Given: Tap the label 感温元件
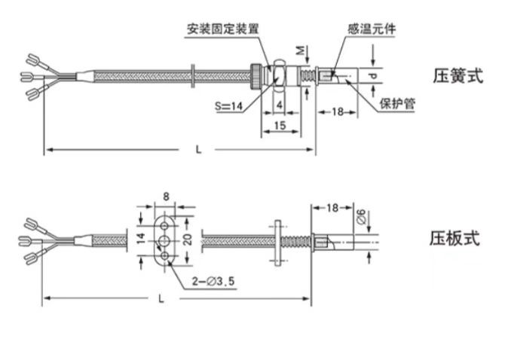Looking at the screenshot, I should pyautogui.click(x=371, y=29).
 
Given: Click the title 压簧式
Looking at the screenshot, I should pyautogui.click(x=458, y=75).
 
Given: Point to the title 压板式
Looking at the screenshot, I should pyautogui.click(x=454, y=239).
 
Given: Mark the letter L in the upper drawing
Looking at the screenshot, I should pyautogui.click(x=199, y=149).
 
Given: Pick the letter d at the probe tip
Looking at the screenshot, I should pyautogui.click(x=373, y=75).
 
